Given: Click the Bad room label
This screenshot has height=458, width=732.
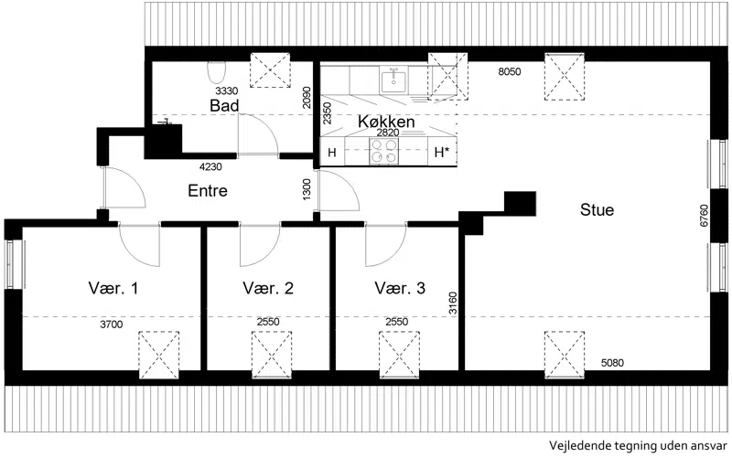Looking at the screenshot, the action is [224, 105].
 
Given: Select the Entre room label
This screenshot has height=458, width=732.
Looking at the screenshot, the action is [208, 190].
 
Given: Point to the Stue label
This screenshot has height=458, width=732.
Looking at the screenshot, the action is [597, 209].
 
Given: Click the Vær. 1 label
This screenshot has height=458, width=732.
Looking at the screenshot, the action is [113, 288].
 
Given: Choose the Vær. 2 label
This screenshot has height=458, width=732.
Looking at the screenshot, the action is [268, 288].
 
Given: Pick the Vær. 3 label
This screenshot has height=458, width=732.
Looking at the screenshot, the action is [400, 288].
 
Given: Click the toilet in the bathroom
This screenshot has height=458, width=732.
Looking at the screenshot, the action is [216, 72].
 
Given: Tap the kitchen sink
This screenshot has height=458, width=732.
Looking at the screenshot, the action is [394, 80].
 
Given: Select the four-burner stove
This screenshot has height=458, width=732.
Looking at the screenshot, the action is [383, 151].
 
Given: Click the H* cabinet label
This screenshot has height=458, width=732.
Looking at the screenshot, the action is [442, 152].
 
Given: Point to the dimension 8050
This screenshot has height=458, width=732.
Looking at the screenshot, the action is [510, 71].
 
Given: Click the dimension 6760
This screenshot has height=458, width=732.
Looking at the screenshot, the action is [704, 216].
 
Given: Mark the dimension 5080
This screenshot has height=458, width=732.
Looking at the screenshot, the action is [612, 362].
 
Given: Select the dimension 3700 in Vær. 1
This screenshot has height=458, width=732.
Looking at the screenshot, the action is [111, 325].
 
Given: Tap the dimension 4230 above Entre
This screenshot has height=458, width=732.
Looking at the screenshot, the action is [210, 166].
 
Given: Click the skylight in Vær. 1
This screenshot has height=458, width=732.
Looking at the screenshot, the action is [159, 355].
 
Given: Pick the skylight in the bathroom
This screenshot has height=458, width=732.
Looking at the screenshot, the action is [270, 70].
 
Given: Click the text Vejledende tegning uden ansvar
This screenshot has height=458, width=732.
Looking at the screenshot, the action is [638, 445].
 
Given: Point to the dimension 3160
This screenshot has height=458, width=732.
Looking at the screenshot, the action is [453, 304].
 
